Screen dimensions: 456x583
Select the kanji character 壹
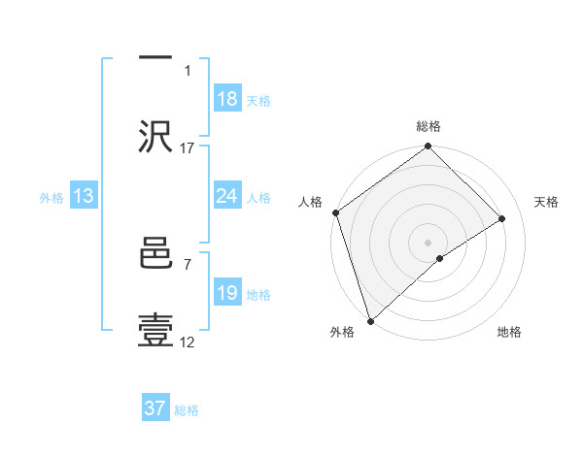click(x=155, y=330)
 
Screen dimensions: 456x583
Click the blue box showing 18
click(x=227, y=99)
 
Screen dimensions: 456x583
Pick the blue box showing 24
click(x=227, y=197)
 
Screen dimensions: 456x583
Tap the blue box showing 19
click(x=227, y=293)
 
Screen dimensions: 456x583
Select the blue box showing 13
click(x=84, y=197)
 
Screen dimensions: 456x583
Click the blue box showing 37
click(x=155, y=408)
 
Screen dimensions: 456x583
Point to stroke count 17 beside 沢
click(x=188, y=147)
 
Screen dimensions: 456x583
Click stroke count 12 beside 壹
click(x=188, y=342)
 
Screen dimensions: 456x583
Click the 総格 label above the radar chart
click(x=429, y=126)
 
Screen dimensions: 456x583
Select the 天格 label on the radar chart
click(x=547, y=202)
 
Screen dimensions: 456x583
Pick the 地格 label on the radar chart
click(x=509, y=333)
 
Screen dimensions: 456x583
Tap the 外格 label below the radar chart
click(x=342, y=333)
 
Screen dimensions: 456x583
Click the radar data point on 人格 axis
click(x=335, y=212)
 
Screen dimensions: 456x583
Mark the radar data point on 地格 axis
click(x=440, y=258)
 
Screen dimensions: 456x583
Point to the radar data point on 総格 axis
click(x=429, y=147)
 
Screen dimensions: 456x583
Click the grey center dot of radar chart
click(x=429, y=242)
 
